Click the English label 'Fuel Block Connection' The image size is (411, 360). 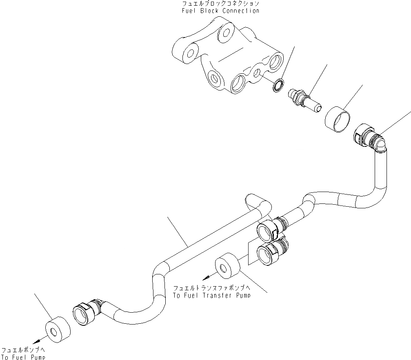click(220, 11)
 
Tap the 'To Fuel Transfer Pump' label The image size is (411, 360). click(211, 295)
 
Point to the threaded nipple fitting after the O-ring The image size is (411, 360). click(304, 100)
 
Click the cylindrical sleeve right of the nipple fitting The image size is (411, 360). click(339, 119)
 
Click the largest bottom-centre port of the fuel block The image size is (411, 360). click(238, 84)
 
